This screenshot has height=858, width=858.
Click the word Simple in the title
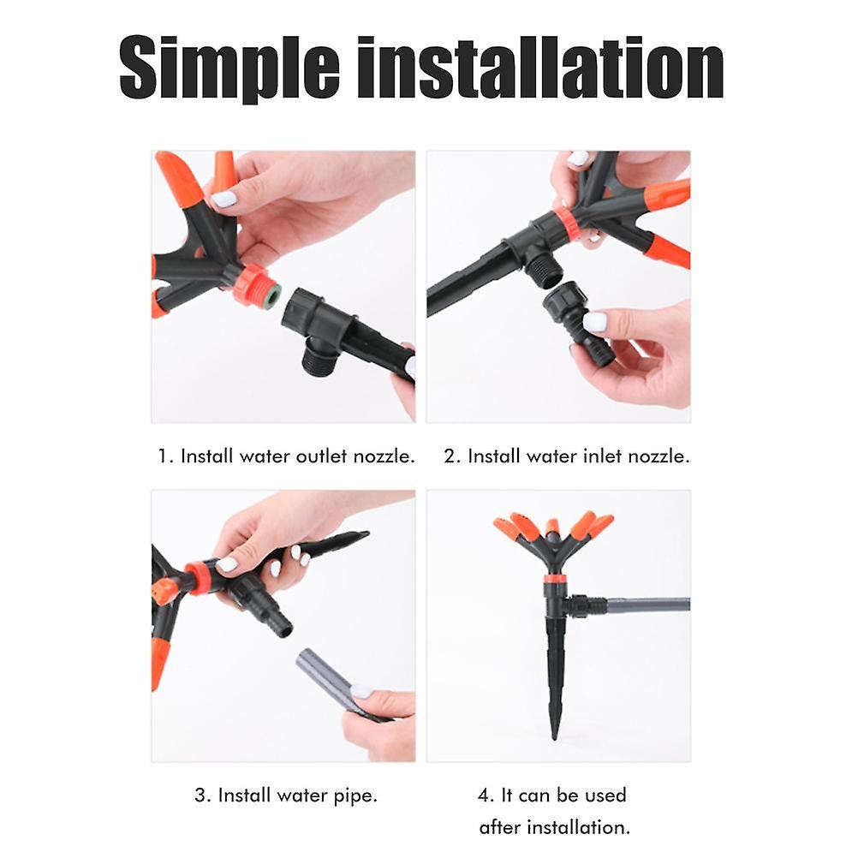(229, 68)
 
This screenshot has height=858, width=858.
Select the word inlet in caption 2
(604, 456)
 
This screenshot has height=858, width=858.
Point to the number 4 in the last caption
(486, 795)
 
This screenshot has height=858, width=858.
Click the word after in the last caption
(500, 827)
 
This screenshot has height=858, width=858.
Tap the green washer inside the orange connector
(273, 293)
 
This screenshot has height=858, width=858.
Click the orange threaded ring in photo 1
(252, 285)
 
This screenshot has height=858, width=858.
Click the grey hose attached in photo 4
(648, 606)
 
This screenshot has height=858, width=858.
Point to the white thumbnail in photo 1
(223, 200)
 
